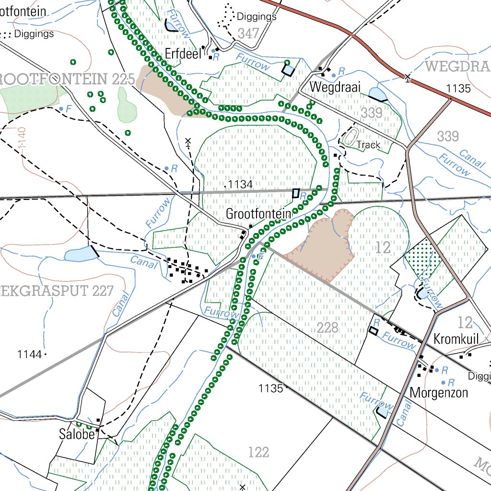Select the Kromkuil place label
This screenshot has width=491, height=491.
click(456, 339)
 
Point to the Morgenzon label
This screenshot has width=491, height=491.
click(439, 393)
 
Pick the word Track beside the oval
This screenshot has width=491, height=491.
click(368, 145)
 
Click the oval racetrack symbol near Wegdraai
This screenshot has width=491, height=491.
click(351, 137)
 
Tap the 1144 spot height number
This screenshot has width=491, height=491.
click(30, 354)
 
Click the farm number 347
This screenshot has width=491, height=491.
click(248, 33)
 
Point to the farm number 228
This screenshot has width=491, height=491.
click(327, 328)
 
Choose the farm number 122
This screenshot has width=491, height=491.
click(258, 452)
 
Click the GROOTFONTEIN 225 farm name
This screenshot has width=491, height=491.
click(67, 80)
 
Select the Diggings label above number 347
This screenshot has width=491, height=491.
click(257, 17)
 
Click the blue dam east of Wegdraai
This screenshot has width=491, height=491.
click(377, 94)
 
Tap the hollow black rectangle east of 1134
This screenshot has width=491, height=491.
click(296, 193)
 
